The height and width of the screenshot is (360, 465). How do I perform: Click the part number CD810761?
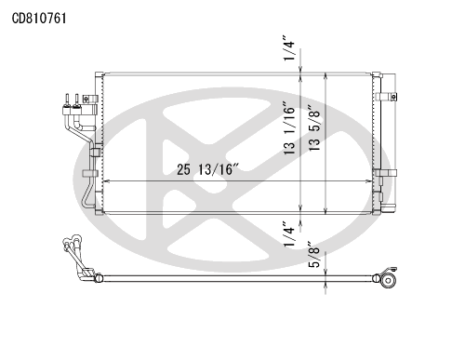coord(39,17)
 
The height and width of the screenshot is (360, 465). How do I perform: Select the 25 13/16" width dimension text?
coord(206,168)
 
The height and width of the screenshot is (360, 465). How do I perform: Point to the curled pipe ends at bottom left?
coord(70,248)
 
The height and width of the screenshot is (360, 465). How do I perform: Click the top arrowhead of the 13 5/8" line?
coord(324,75)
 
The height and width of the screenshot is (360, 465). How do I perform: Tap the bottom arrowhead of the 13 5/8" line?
coord(324,211)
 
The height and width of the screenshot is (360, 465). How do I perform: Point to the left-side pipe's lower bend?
coord(86,199)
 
